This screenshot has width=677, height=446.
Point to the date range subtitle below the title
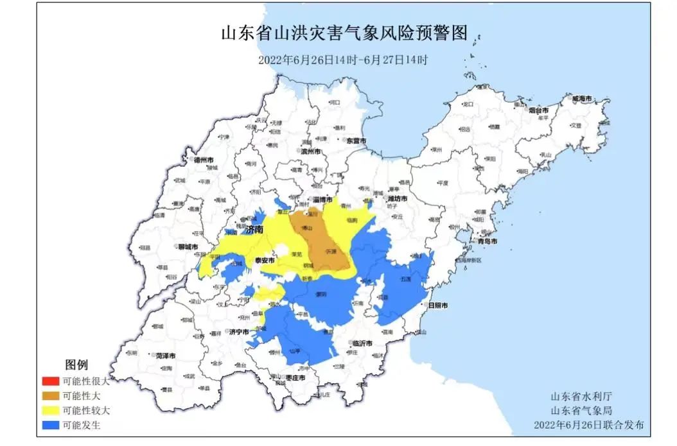343,60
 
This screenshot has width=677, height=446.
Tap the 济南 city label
254,229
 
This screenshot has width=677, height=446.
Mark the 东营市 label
356,140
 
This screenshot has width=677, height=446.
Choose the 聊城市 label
188,246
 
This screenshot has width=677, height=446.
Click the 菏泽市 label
166,355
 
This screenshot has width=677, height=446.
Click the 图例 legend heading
76,365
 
